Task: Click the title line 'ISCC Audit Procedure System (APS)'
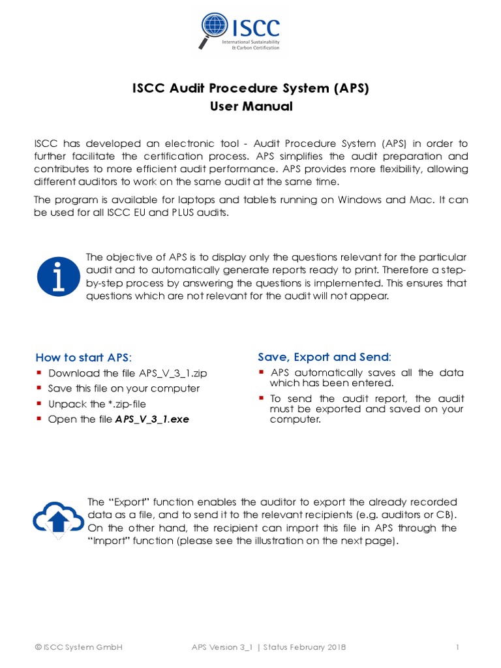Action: coord(250,88)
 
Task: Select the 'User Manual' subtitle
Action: coord(250,106)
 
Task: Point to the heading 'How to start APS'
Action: coord(83,357)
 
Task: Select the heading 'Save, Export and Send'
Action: coord(324,357)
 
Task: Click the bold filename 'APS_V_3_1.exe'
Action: coord(152,419)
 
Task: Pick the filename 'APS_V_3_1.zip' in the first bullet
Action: coord(173,373)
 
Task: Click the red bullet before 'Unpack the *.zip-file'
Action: coord(40,403)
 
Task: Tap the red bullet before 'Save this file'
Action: coord(40,388)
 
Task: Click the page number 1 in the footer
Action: coord(459,647)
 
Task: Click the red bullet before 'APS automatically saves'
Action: coord(261,372)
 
